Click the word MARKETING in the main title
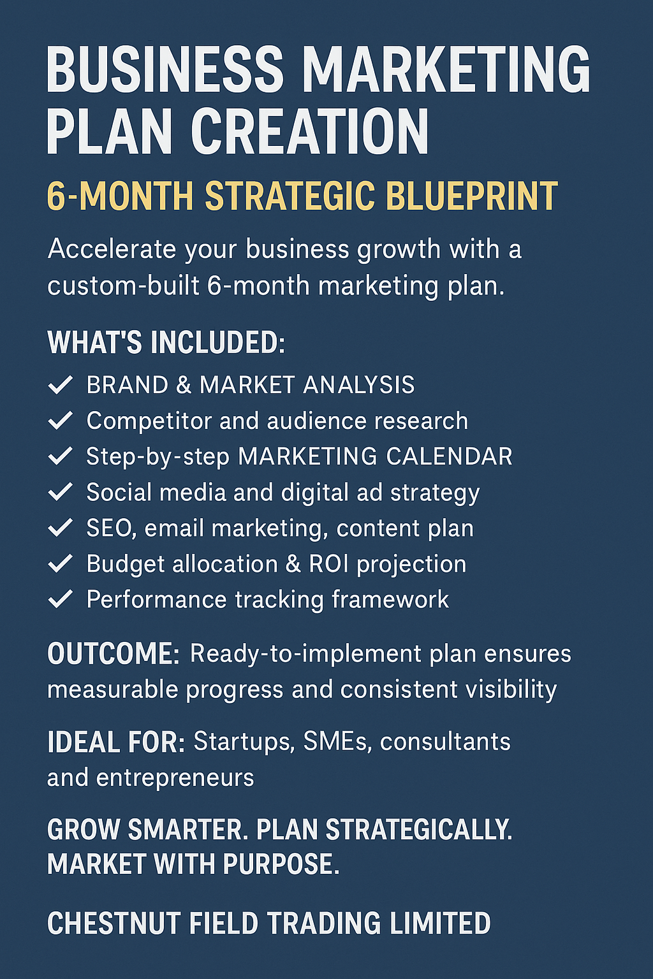(446, 69)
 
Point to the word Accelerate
(112, 249)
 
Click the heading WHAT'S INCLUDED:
(166, 343)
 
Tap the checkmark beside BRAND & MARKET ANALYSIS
(61, 385)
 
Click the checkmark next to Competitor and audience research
(61, 421)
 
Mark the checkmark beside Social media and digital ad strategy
(61, 492)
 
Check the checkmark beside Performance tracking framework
(61, 600)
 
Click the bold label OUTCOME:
(114, 654)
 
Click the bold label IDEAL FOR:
(116, 743)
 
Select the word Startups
(243, 742)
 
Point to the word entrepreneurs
(175, 778)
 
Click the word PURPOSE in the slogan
(281, 865)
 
